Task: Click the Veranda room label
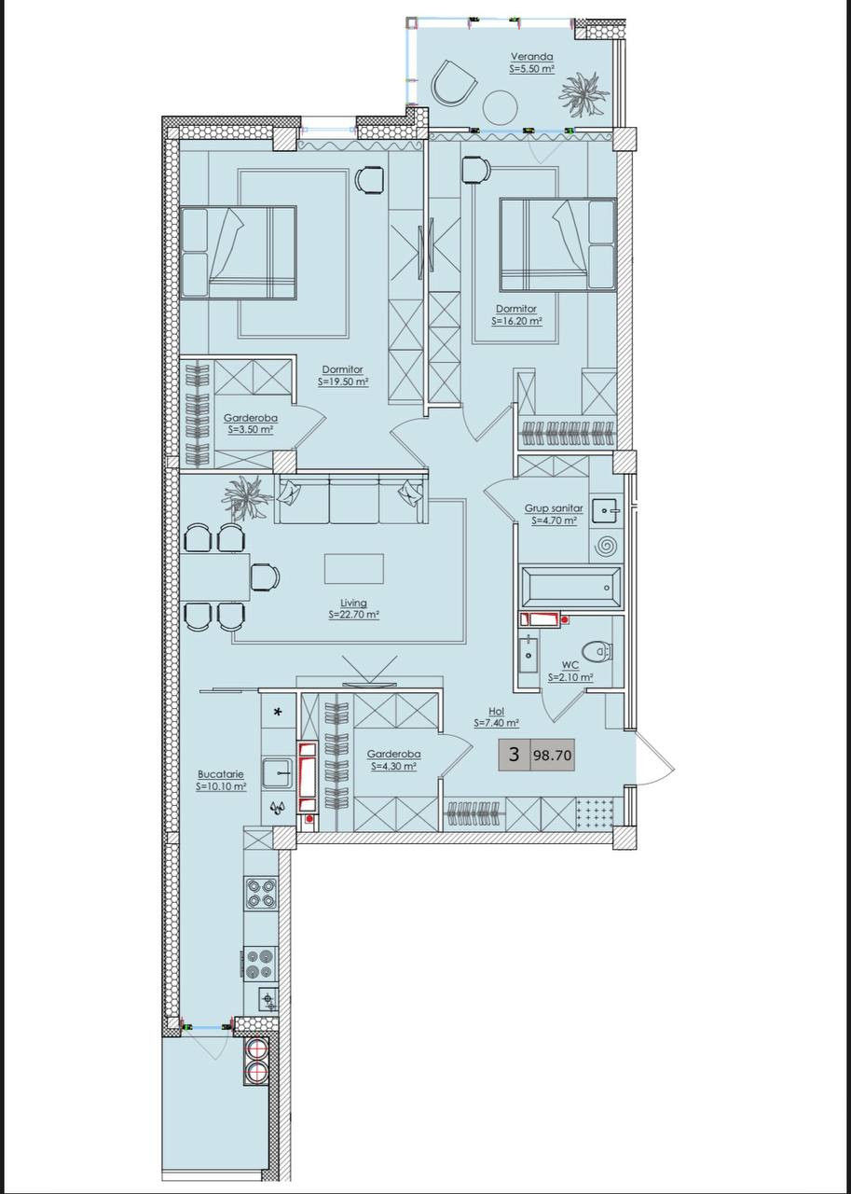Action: pyautogui.click(x=532, y=56)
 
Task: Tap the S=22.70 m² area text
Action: pyautogui.click(x=354, y=615)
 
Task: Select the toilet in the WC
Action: pyautogui.click(x=598, y=651)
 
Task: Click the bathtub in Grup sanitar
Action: pyautogui.click(x=570, y=587)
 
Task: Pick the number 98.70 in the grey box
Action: pyautogui.click(x=552, y=756)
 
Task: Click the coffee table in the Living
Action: pyautogui.click(x=354, y=568)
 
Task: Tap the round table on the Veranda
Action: pyautogui.click(x=500, y=106)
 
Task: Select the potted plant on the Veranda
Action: pyautogui.click(x=583, y=94)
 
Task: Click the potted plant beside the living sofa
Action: pyautogui.click(x=247, y=497)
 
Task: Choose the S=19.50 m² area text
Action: pyautogui.click(x=344, y=382)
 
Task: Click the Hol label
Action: pyautogui.click(x=496, y=711)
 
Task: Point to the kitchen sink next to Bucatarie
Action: pyautogui.click(x=279, y=772)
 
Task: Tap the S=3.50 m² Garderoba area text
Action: pyautogui.click(x=251, y=430)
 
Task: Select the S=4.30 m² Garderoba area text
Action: pyautogui.click(x=393, y=766)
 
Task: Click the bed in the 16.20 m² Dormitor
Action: pyautogui.click(x=557, y=245)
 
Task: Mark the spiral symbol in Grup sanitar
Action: pyautogui.click(x=606, y=546)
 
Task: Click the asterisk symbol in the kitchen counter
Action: pyautogui.click(x=278, y=712)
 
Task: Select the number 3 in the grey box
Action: pyautogui.click(x=514, y=755)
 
